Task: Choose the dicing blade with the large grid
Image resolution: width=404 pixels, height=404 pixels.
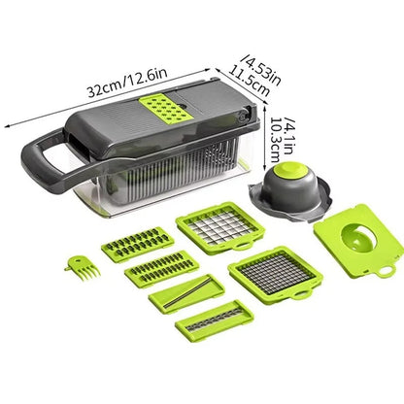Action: (219, 229)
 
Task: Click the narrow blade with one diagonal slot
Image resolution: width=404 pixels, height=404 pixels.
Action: (185, 292)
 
